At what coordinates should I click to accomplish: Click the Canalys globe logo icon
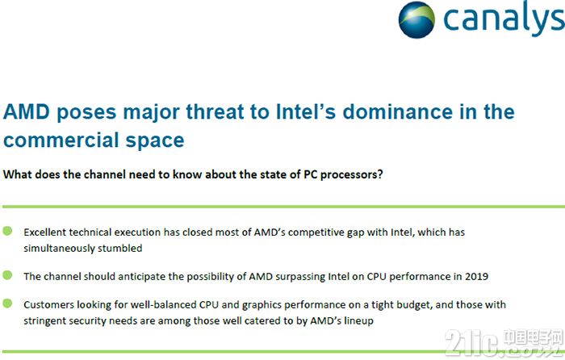[x=416, y=20]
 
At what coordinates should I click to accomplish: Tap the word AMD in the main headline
[x=27, y=111]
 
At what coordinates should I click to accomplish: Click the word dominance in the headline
[x=397, y=111]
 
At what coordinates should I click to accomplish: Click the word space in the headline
[x=155, y=141]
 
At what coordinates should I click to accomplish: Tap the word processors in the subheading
[x=351, y=174]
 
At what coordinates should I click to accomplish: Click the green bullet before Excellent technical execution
[x=7, y=231]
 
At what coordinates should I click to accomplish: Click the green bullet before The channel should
[x=7, y=275]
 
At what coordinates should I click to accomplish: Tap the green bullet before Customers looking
[x=7, y=303]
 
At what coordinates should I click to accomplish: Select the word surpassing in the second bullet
[x=301, y=277]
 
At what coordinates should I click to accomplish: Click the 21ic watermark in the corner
[x=504, y=342]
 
